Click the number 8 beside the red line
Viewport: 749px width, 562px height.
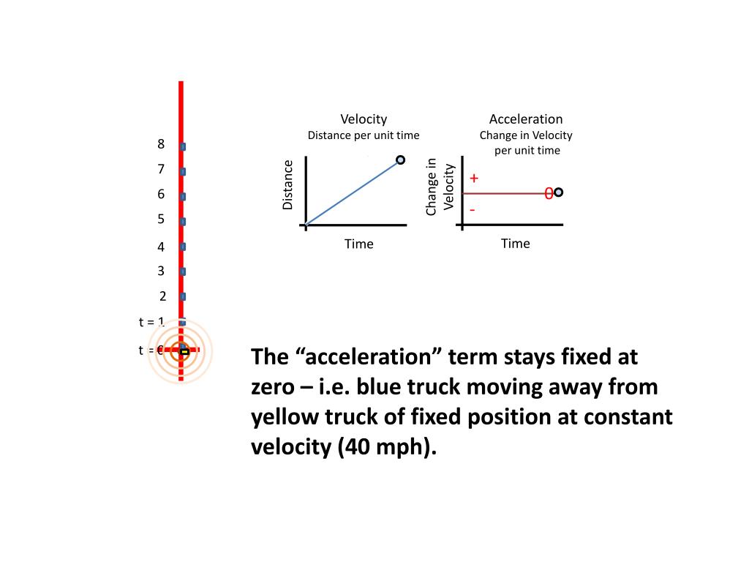tap(161, 144)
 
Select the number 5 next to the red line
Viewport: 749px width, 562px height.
tap(161, 219)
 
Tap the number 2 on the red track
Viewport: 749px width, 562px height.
tap(163, 296)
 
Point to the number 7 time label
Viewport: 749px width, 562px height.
tap(161, 169)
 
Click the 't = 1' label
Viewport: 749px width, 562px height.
tap(151, 321)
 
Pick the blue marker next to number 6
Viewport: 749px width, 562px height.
tap(182, 196)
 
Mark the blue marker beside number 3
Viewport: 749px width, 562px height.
tap(182, 271)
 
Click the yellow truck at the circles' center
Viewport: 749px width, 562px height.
tap(184, 352)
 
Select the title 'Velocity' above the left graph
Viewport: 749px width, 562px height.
tap(364, 119)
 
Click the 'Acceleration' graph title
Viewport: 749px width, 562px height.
tap(526, 119)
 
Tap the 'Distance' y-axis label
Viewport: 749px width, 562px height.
tap(287, 185)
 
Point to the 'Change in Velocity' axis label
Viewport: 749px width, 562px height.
tap(440, 187)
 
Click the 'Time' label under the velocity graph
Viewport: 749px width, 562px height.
tap(359, 244)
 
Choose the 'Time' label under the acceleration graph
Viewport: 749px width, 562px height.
tap(516, 244)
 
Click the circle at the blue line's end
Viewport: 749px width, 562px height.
tap(400, 160)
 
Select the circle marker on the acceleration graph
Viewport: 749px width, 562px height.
tap(559, 192)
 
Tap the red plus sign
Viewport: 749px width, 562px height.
tap(474, 178)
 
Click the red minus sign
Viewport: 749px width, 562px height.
tap(473, 209)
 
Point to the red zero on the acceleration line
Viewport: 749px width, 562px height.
tap(548, 193)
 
